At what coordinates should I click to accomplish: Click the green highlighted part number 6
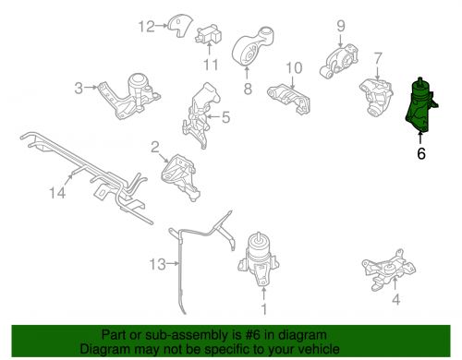pos(419,106)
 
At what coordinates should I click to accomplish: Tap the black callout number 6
pos(421,153)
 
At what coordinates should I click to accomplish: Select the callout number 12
pos(146,27)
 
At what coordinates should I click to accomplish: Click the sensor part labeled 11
pos(209,35)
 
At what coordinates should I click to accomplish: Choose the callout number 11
pos(211,65)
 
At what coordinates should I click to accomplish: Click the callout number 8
pos(248,89)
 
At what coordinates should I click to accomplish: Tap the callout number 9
pos(341,27)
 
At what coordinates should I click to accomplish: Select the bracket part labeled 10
pos(289,98)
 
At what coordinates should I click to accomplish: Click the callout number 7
pos(378,58)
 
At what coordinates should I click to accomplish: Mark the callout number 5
pos(225,117)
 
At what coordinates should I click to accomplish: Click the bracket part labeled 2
pos(180,177)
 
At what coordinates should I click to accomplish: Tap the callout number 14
pos(57,193)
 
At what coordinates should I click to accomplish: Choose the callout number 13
pos(157,264)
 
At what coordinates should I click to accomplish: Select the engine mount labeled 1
pos(258,259)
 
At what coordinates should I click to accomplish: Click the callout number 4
pos(396,299)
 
